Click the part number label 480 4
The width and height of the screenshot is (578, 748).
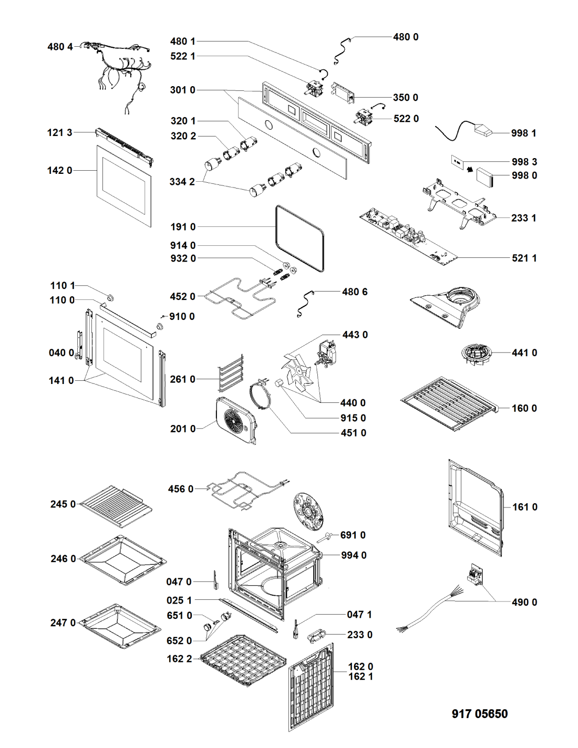[60, 47]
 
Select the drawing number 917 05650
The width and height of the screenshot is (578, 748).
[479, 714]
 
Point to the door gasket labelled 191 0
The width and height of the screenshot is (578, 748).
[300, 239]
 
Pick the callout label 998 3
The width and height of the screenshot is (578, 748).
[524, 162]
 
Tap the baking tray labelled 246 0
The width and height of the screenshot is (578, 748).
[123, 560]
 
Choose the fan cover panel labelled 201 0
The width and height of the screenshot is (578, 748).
[235, 420]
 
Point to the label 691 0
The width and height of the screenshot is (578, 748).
[353, 535]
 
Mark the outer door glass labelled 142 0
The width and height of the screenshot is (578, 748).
[125, 185]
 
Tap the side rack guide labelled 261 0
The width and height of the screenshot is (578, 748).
[232, 373]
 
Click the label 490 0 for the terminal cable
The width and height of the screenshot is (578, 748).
[524, 602]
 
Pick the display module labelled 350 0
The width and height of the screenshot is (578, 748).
[344, 92]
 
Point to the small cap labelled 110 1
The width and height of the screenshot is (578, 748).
[110, 298]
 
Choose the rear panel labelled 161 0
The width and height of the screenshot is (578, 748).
[476, 508]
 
